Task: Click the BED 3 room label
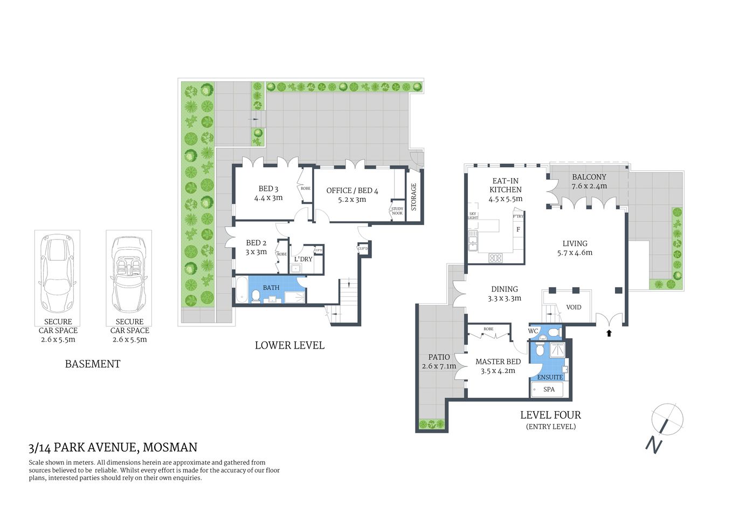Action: (268, 189)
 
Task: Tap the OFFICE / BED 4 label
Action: (352, 190)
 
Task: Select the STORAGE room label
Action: (414, 196)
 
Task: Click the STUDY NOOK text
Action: (397, 211)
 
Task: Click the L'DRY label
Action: (303, 259)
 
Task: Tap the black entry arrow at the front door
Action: (609, 333)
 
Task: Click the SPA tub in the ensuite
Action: (548, 390)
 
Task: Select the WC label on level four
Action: (533, 331)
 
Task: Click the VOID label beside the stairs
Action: (574, 307)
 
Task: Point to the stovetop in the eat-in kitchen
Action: (495, 258)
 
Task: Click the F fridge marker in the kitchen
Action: (518, 229)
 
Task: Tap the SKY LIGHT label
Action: (473, 216)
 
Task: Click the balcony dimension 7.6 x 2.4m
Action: (589, 186)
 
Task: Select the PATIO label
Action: (439, 357)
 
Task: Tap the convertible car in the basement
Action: (129, 274)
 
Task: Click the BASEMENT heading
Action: (92, 364)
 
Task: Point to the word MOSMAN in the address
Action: (170, 447)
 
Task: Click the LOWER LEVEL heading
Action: (289, 345)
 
